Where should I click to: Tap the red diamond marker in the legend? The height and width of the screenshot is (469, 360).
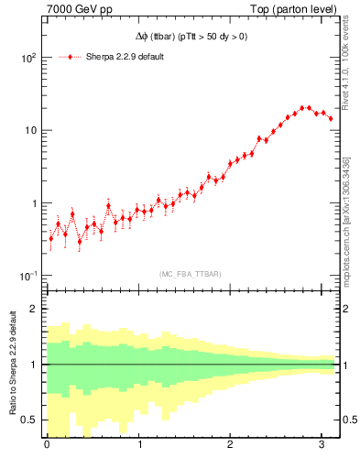coord(71,57)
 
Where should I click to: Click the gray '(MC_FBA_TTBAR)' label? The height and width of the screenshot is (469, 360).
coord(190,272)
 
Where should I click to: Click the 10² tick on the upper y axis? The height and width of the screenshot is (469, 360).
coord(27,57)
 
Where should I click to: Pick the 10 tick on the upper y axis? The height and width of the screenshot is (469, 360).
coord(29,130)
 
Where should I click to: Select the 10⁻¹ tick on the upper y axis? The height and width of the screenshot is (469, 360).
coord(27,276)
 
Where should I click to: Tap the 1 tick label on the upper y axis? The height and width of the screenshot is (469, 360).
coord(32,203)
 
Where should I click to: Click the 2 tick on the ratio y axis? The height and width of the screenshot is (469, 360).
coord(32,309)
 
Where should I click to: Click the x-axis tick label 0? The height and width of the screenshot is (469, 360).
coord(47,446)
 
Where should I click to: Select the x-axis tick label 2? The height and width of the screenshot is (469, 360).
coord(231,446)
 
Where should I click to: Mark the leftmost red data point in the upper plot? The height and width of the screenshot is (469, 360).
coord(50,239)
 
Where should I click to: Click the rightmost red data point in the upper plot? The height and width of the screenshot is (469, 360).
coord(331,118)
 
